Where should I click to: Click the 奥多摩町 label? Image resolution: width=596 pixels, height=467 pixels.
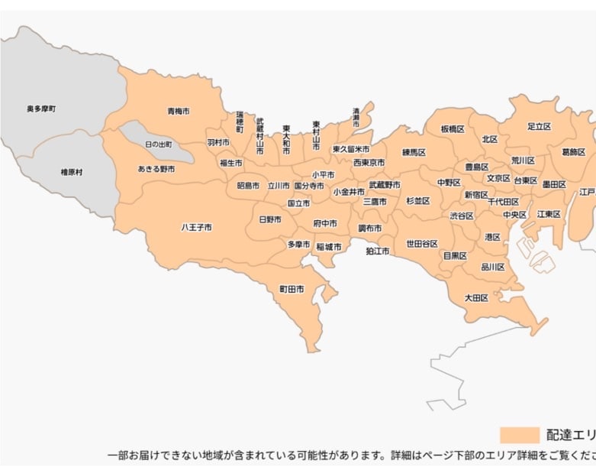40,109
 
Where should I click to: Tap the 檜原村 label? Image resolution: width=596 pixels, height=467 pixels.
72,173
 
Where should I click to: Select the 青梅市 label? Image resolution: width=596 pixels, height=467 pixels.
179,112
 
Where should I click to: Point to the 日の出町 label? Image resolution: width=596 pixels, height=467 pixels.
159,144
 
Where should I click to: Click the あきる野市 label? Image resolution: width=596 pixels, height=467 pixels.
156,169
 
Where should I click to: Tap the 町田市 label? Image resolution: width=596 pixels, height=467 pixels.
292,290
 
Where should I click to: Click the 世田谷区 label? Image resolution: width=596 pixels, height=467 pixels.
422,244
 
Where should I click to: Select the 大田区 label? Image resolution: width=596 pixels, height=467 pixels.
476,297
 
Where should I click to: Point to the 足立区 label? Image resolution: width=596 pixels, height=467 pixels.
539,126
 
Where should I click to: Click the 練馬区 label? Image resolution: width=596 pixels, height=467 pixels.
414,153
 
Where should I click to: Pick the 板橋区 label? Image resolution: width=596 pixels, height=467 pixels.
453,129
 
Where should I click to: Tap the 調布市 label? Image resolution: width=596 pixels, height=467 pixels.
370,228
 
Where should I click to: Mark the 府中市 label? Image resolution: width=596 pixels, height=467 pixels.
325,223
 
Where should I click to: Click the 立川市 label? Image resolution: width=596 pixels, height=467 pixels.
279,186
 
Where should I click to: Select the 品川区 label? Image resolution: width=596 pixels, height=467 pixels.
493,267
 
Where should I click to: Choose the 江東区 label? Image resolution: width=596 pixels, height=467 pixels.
548,215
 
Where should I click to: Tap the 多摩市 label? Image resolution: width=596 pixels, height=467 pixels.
298,245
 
